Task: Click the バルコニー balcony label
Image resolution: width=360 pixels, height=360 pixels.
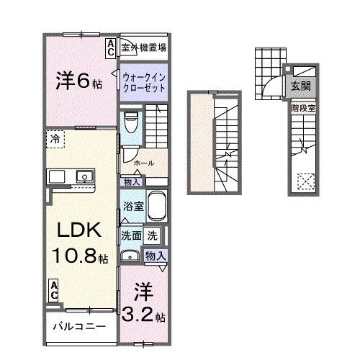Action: (x=78, y=326)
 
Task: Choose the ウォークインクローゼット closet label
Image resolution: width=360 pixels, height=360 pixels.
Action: (x=144, y=81)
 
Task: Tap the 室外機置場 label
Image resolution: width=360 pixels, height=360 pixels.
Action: (x=144, y=48)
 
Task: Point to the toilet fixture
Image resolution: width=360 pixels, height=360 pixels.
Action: (x=130, y=122)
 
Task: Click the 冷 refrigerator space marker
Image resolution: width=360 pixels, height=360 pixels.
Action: (x=55, y=138)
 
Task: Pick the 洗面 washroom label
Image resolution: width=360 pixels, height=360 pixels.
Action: (x=130, y=235)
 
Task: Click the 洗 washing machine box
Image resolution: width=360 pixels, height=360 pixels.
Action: (x=153, y=235)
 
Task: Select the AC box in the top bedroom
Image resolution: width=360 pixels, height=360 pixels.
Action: (x=111, y=48)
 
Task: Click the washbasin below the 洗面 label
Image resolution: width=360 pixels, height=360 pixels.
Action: (x=130, y=254)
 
